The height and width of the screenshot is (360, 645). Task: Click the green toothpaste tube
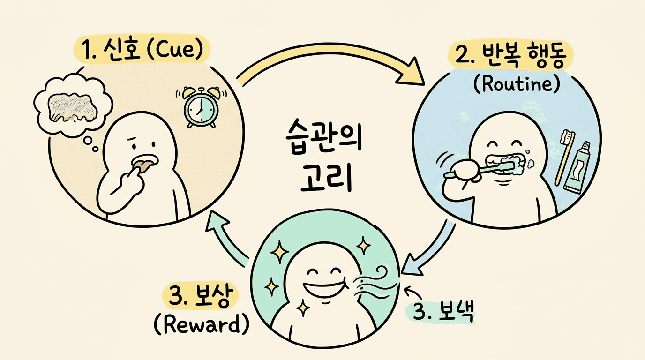point(577,167)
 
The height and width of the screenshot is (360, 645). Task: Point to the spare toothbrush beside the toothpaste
point(562,155)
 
